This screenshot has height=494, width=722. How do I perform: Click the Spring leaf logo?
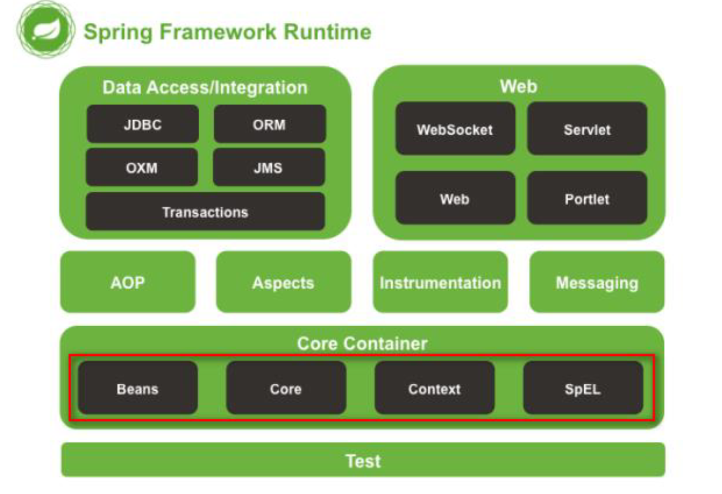point(46,30)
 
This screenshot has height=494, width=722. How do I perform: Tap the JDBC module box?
point(143,124)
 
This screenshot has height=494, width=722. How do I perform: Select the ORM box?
point(270,124)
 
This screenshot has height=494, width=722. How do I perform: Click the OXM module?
point(142,167)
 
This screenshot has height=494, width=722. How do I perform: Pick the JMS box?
point(269,167)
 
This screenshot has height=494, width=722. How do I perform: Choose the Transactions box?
point(205,212)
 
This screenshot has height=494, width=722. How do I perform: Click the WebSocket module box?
point(455,128)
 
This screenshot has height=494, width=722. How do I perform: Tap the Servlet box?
point(587,128)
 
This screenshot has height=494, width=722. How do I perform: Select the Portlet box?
point(587,198)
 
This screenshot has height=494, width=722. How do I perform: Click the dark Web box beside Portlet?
point(455,198)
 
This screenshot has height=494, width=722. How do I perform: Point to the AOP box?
point(128,282)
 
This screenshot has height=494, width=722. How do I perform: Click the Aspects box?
point(284,282)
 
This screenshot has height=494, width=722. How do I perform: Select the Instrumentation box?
point(440,282)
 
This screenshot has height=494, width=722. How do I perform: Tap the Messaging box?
point(597,282)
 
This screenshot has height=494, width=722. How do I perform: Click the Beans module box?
point(138,388)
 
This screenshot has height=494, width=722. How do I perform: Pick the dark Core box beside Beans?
point(286,388)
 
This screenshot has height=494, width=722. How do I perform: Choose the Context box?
point(434,388)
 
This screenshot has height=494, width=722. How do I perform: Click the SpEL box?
point(583,388)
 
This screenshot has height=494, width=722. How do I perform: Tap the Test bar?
point(363,460)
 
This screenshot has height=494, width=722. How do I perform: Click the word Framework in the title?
point(218,32)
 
